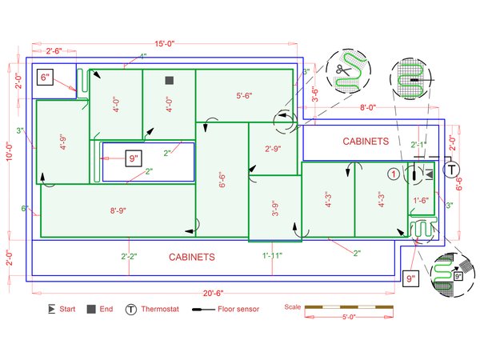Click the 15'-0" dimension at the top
click(166, 43)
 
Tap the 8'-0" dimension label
click(368, 106)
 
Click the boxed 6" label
click(45, 78)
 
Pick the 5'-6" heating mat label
click(244, 95)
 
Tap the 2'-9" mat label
click(274, 148)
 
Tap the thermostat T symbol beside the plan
click(452, 170)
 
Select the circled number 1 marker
click(393, 173)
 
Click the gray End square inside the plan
click(169, 80)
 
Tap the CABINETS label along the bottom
click(191, 257)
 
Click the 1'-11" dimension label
click(273, 255)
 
